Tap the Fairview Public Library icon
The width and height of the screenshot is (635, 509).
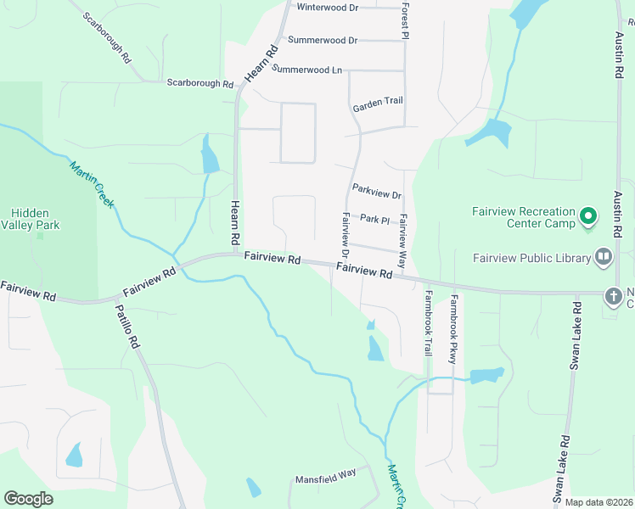coord(604,255)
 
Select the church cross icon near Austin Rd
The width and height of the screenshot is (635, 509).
coord(613,296)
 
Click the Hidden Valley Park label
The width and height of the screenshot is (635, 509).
coord(30,219)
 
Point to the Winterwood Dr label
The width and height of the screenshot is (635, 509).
coord(327,7)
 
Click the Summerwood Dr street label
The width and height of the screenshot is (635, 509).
coord(323,40)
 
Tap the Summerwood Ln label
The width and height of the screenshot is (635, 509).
coord(306,69)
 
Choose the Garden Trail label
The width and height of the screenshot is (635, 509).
coord(378,101)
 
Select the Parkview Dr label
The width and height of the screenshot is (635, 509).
coord(376,194)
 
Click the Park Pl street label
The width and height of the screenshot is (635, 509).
coord(374,219)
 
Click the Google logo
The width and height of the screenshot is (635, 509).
coord(28,499)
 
